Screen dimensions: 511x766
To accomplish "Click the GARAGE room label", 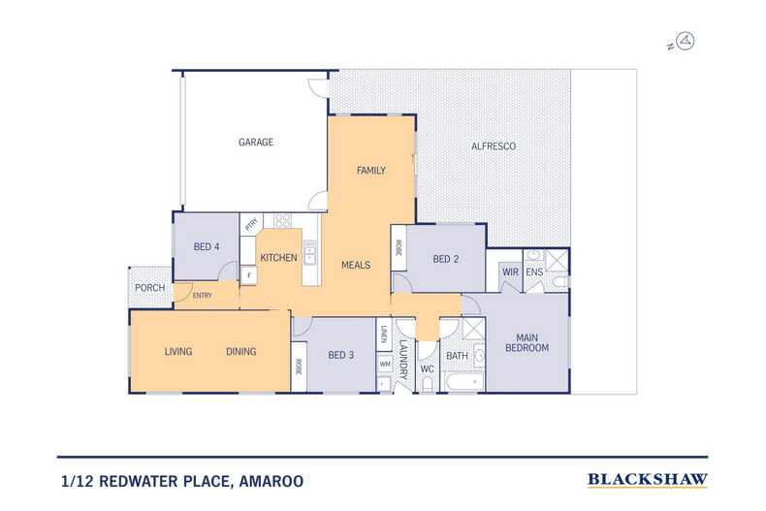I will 256,142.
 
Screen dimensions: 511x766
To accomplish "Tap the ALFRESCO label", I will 494,145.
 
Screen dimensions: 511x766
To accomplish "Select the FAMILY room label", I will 371,171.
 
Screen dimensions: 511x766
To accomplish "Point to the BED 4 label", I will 207,247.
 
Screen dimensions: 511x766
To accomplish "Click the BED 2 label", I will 446,259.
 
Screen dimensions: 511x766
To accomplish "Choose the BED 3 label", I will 340,354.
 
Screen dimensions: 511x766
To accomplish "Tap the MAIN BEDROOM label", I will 526,342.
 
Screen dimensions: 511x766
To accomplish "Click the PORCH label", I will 149,287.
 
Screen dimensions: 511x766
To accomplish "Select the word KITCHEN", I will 278,257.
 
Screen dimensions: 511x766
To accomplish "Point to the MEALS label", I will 355,264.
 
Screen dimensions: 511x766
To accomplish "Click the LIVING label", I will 178,351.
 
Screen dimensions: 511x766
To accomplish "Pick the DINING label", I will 241,351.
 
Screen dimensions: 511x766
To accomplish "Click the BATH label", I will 457,356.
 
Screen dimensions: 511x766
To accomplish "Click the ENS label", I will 534,272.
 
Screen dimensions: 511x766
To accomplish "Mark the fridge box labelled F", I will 249,275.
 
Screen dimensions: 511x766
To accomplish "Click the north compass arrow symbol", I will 686,41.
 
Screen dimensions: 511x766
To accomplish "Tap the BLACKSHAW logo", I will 648,479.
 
